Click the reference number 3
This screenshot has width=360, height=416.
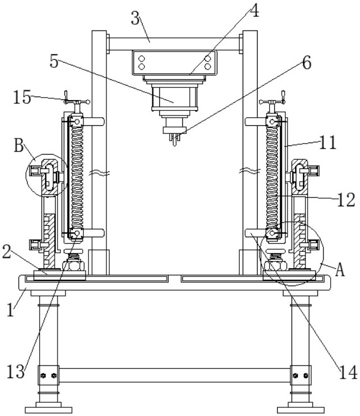tap(135, 19)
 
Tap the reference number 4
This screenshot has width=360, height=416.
tap(254, 11)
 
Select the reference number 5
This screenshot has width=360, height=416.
tap(54, 62)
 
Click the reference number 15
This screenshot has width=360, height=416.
tap(22, 97)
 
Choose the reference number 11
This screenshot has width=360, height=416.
tap(328, 142)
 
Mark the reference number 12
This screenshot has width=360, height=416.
tap(346, 200)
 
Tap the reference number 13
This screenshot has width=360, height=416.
tap(16, 371)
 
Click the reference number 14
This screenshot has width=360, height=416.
tap(348, 372)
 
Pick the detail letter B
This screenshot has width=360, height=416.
tap(19, 145)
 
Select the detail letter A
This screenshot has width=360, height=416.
tap(340, 270)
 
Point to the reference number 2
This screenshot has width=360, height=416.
tap(7, 252)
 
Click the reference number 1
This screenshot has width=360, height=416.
tap(10, 310)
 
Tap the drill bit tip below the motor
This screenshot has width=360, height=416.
tap(174, 145)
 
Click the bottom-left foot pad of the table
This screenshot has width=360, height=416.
tap(48, 410)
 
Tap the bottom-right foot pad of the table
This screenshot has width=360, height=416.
tap(301, 410)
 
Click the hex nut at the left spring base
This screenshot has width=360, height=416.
tap(74, 266)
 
